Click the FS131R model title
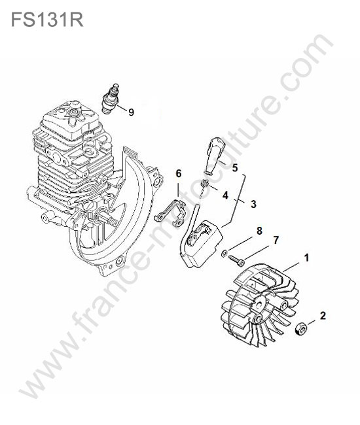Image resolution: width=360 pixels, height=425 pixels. (47, 19)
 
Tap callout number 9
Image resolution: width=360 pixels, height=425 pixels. (132, 112)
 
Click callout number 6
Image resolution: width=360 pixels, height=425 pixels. (179, 173)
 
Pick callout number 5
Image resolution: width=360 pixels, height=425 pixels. (235, 168)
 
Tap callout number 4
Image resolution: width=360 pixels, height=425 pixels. (225, 195)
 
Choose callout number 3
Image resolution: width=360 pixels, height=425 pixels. (253, 204)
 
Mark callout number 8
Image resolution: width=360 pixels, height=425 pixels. (259, 231)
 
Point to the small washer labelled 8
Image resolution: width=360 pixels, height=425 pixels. (225, 254)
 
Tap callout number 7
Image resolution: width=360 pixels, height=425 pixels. (276, 240)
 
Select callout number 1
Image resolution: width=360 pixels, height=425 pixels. (306, 258)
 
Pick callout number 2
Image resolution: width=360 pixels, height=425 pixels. (323, 316)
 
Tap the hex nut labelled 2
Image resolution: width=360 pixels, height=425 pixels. (300, 328)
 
